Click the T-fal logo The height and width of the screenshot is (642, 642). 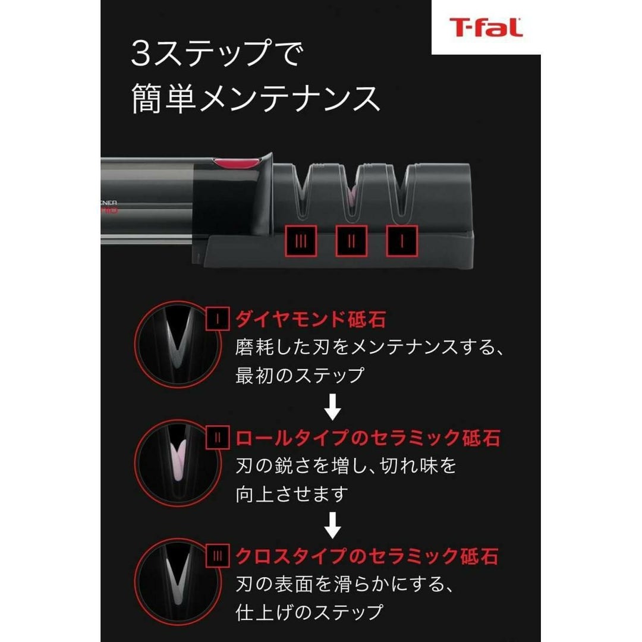pos(486,27)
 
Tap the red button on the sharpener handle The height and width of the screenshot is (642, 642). pos(236,163)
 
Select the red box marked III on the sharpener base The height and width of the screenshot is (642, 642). pos(301,241)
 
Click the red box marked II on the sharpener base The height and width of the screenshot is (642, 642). pos(351,241)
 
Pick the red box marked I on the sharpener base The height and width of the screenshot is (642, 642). pos(402,241)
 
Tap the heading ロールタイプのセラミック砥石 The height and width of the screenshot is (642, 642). pos(368,438)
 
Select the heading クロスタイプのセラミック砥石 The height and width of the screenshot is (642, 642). pos(367,556)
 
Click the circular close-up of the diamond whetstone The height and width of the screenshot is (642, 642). pos(178,345)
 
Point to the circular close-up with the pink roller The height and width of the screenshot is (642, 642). pos(178,463)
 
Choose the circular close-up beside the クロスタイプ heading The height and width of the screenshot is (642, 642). pos(178,581)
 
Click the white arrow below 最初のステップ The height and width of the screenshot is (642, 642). pos(333,407)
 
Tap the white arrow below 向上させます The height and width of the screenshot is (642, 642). pos(333,525)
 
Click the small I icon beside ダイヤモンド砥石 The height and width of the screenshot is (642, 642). pos(218,319)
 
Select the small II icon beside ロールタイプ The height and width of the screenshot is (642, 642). pos(218,438)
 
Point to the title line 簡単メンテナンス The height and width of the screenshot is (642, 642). pos(256,99)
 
